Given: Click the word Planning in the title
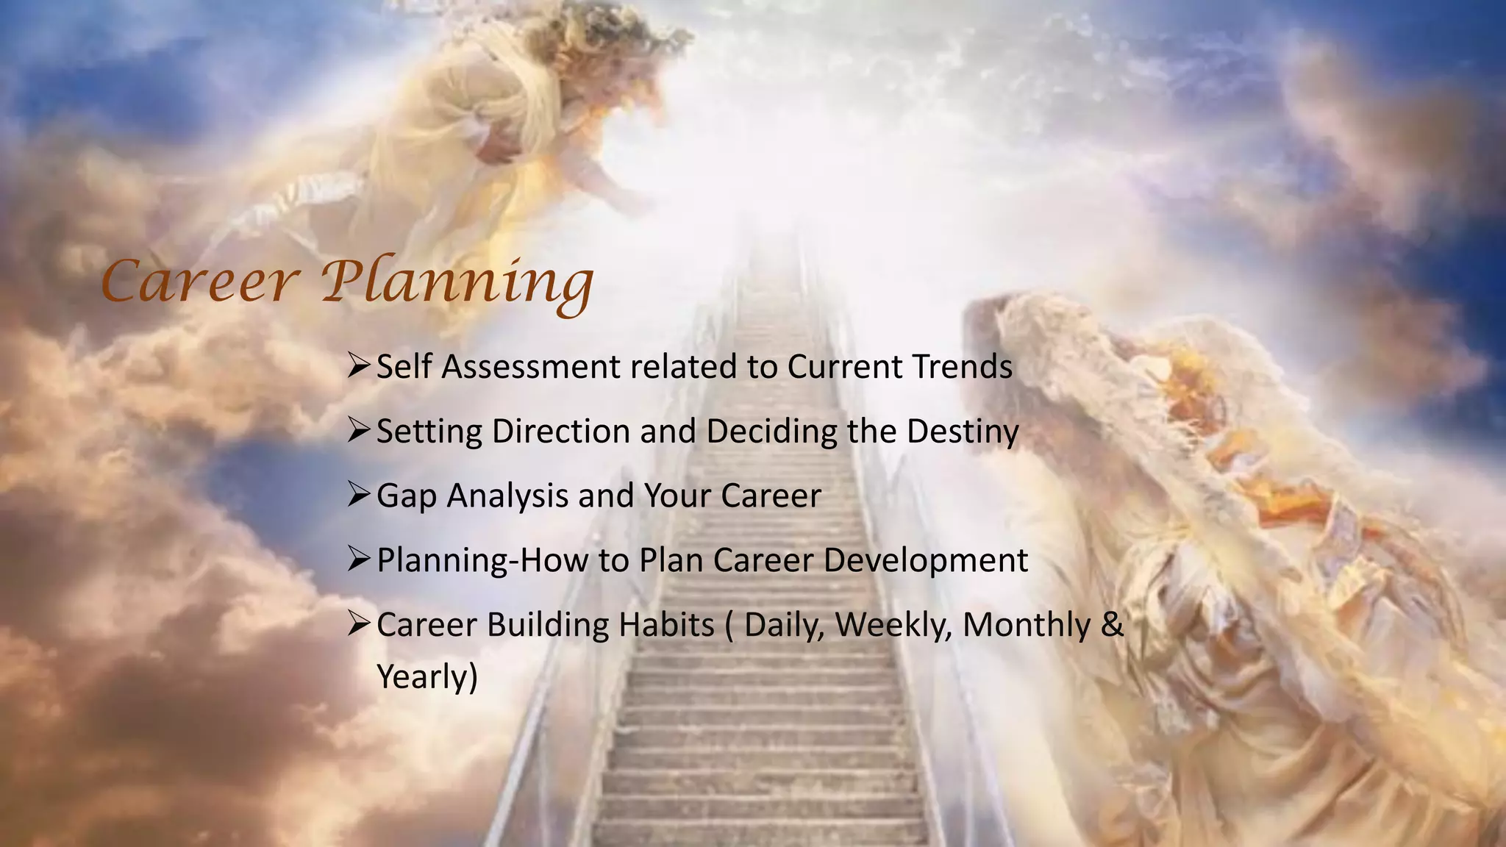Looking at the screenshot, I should click(x=457, y=284).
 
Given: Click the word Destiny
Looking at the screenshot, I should click(x=963, y=432).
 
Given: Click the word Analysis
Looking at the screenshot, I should click(x=507, y=496).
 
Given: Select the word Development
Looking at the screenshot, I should click(x=925, y=561).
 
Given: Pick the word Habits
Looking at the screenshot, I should click(x=666, y=625).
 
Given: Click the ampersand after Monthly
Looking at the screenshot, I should click(x=1113, y=625).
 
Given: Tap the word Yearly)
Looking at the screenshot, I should click(x=427, y=677).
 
